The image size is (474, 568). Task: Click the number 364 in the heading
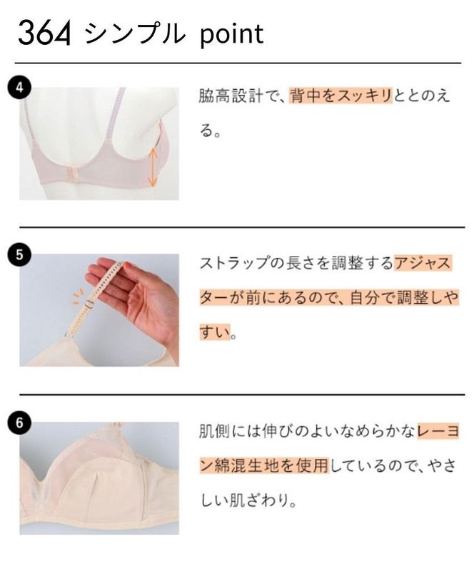pos(44,33)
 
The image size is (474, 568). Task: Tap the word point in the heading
pos(226,33)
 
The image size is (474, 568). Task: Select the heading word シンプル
pos(133,33)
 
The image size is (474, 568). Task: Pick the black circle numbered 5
pos(19,254)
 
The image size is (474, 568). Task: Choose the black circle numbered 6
pos(19,422)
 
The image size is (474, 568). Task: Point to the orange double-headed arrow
pos(152,166)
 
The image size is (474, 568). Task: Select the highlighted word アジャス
pos(423,264)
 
